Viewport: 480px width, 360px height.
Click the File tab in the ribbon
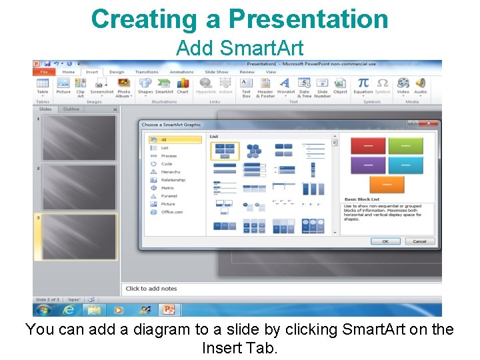point(45,72)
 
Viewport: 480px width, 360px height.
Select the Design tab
point(117,72)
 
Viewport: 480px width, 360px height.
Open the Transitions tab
point(147,72)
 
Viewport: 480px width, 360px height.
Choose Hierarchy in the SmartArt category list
point(170,172)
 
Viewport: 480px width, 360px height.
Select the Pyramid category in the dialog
point(169,196)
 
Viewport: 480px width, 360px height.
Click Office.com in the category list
point(171,212)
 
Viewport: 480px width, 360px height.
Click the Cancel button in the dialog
point(419,241)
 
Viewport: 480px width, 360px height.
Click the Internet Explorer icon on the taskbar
point(69,310)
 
